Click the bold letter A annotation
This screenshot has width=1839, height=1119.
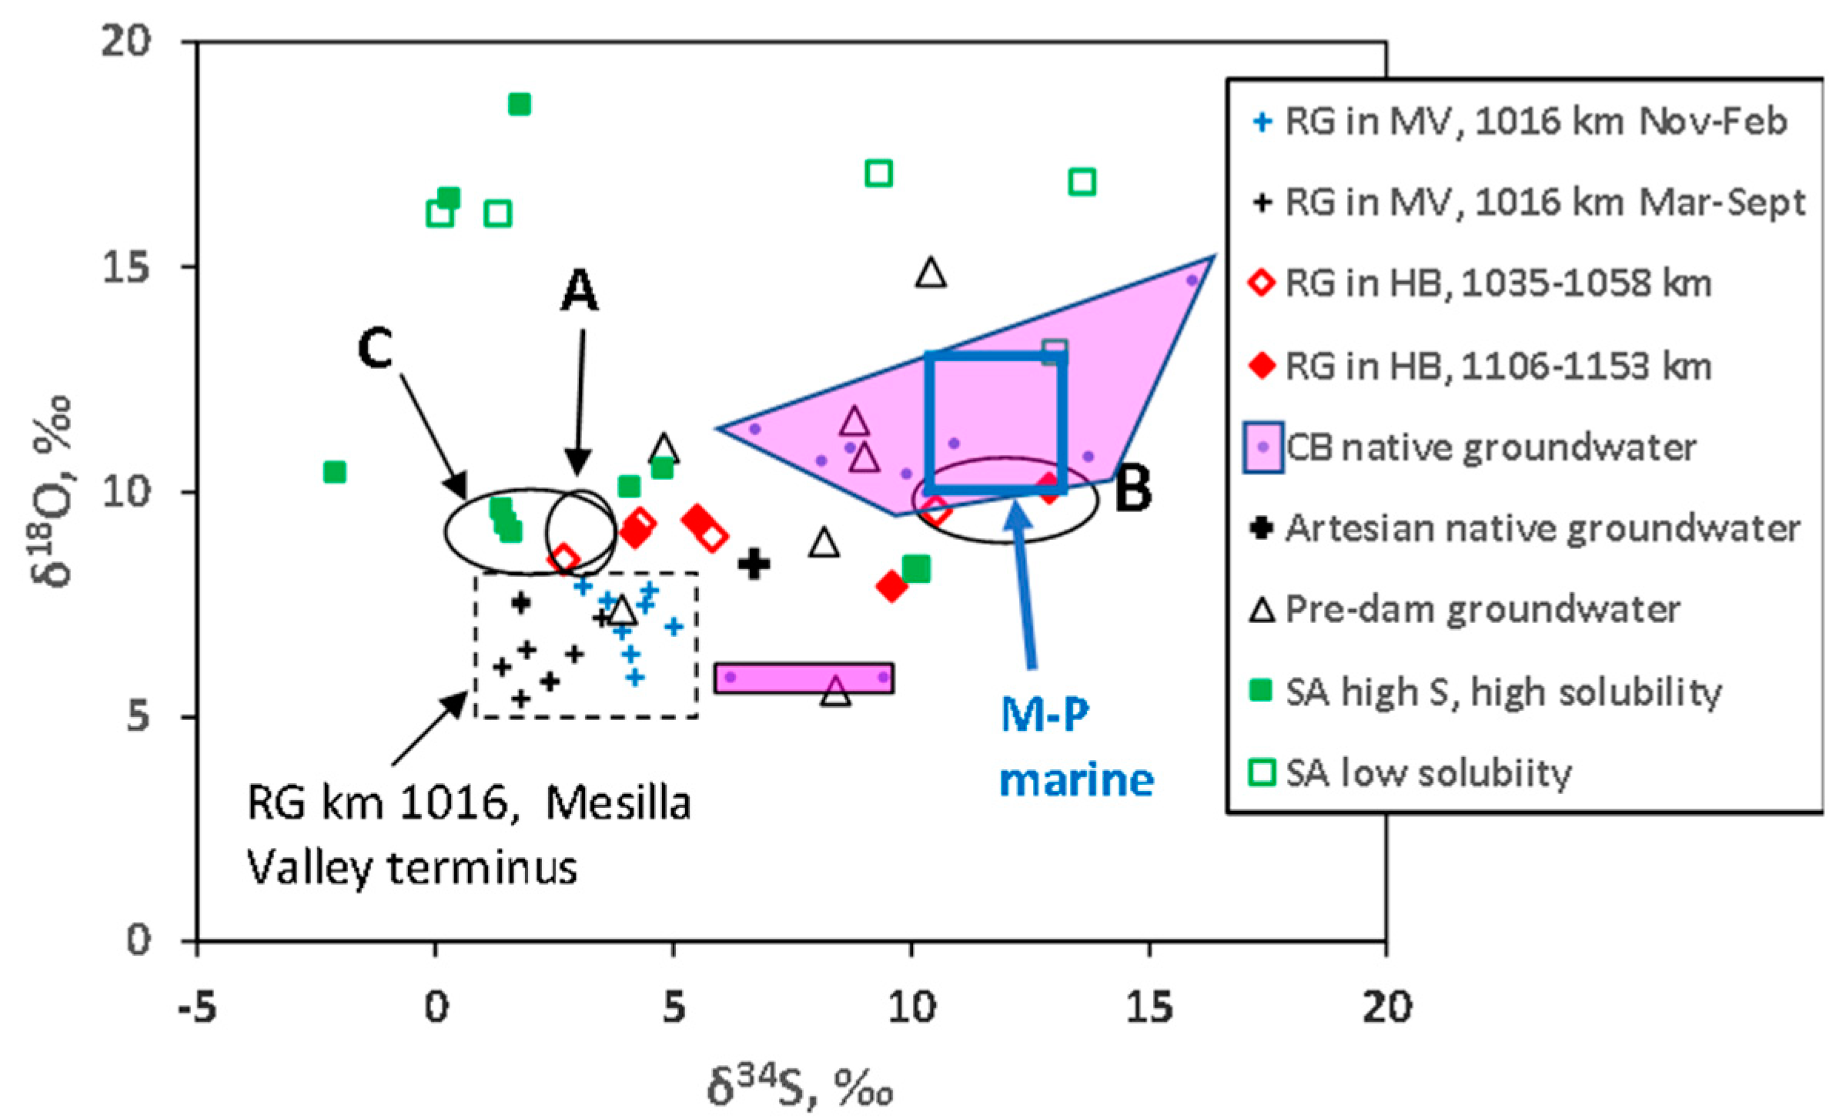pyautogui.click(x=579, y=291)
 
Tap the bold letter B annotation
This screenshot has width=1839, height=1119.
pyautogui.click(x=1133, y=490)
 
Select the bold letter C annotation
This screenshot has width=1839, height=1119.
pyautogui.click(x=376, y=348)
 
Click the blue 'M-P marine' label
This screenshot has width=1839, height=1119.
pyautogui.click(x=1076, y=747)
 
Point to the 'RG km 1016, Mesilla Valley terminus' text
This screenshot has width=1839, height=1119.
pyautogui.click(x=468, y=836)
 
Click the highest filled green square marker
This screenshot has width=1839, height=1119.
pyautogui.click(x=520, y=104)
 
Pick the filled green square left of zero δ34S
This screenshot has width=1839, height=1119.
pyautogui.click(x=334, y=471)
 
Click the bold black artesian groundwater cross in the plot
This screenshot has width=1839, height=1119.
pyautogui.click(x=754, y=564)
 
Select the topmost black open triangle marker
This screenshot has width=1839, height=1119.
pyautogui.click(x=931, y=273)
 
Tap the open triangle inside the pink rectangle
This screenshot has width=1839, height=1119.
pyautogui.click(x=836, y=692)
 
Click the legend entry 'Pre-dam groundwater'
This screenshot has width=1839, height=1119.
pyautogui.click(x=1482, y=610)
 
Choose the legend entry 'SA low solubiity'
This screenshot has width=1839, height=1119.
pyautogui.click(x=1428, y=772)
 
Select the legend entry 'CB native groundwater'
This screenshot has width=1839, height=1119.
pyautogui.click(x=1490, y=447)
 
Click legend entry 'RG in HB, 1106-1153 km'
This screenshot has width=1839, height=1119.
pyautogui.click(x=1497, y=366)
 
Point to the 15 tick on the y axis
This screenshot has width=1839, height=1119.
pyautogui.click(x=126, y=267)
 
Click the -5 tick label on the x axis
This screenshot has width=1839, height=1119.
pyautogui.click(x=197, y=1008)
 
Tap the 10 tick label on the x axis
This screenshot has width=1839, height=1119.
pyautogui.click(x=911, y=1008)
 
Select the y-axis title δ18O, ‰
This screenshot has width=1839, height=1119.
pyautogui.click(x=54, y=493)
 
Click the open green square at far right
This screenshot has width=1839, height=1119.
pyautogui.click(x=1082, y=183)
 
